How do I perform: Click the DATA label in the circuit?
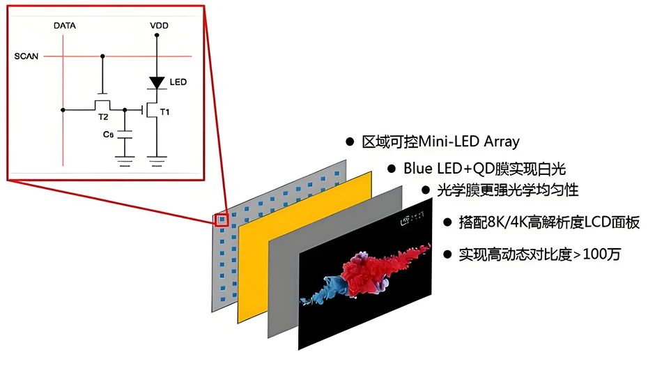(x=64, y=26)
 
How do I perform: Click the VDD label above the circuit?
(x=158, y=26)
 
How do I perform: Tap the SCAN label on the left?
(x=26, y=56)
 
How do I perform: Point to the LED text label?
(x=178, y=82)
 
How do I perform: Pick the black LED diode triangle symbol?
(x=157, y=82)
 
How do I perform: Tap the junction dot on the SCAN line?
(x=103, y=56)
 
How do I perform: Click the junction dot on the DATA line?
(x=63, y=109)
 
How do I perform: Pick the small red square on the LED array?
(x=222, y=219)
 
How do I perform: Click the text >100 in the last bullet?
(x=587, y=254)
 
